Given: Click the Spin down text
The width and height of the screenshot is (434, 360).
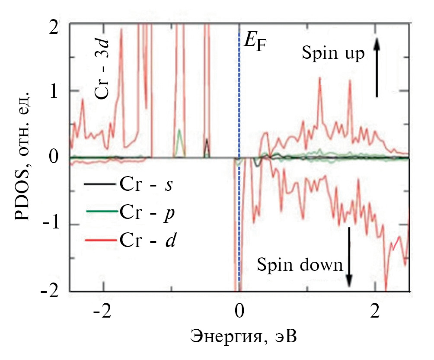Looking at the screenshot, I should click(x=300, y=264).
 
